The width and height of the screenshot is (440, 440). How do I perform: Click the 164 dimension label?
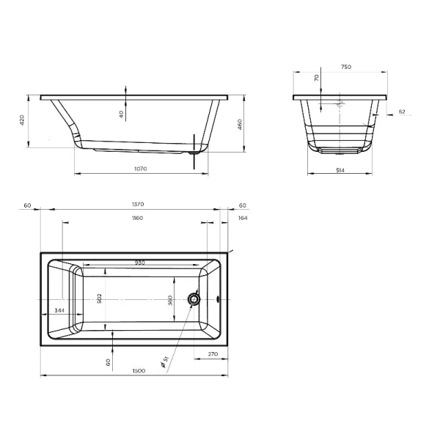coord(243,218)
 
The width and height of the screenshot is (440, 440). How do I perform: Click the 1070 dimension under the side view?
coord(141,169)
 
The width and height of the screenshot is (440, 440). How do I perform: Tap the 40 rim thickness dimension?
coord(121,113)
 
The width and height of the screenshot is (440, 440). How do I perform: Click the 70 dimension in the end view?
coord(316,78)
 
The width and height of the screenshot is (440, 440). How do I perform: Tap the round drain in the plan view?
coord(194,298)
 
